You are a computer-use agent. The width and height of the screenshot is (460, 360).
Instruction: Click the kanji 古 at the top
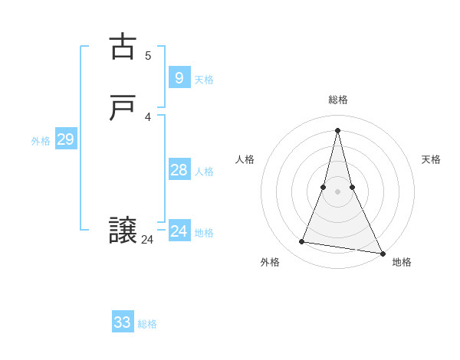tap(123, 47)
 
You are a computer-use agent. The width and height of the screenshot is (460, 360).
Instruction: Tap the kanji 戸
tap(123, 109)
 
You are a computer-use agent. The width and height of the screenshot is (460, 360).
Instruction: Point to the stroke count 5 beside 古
tap(148, 55)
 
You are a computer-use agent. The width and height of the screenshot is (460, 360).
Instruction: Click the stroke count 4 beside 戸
tap(148, 117)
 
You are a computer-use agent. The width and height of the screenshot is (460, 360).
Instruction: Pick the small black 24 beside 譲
tap(147, 240)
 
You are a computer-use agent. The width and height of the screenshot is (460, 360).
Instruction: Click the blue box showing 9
tap(179, 77)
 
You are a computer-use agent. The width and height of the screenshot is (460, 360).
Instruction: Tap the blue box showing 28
tap(179, 169)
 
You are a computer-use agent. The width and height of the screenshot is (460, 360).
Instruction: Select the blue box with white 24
tap(179, 231)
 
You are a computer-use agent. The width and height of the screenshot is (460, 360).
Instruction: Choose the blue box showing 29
tap(65, 139)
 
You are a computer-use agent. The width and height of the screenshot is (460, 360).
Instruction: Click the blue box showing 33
tap(122, 322)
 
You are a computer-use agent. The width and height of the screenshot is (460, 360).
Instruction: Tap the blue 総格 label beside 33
tap(147, 324)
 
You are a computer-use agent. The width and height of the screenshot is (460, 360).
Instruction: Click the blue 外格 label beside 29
tap(41, 141)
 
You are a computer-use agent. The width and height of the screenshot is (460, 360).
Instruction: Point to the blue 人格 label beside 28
tap(204, 172)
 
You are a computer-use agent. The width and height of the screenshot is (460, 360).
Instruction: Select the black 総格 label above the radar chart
tap(337, 100)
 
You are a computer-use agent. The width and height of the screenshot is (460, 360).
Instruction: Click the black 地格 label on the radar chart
tap(402, 262)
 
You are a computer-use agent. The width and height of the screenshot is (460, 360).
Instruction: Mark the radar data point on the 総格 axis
tap(337, 129)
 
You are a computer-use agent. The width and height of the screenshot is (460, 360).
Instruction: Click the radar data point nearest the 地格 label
tap(383, 254)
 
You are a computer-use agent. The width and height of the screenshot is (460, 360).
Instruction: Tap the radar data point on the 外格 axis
tap(302, 242)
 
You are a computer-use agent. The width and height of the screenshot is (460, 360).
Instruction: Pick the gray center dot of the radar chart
tap(337, 191)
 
